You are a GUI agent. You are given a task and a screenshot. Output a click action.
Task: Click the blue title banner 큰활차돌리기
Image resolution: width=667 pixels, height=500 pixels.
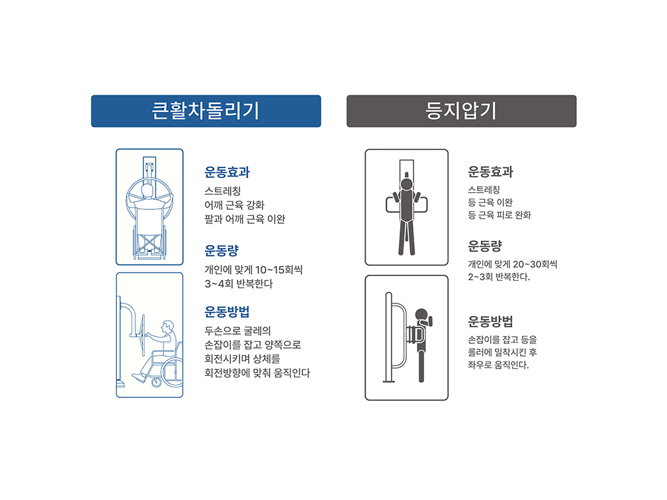coord(206,111)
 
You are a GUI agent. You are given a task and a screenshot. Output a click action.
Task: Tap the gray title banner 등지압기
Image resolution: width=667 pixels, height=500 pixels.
coord(462,111)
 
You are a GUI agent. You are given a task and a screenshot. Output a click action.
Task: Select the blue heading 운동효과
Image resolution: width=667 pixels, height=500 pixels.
coord(227,172)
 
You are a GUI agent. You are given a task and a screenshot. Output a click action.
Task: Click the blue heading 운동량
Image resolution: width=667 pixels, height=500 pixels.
coord(221,251)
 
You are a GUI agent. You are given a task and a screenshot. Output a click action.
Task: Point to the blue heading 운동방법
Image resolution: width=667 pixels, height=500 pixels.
coord(227,311)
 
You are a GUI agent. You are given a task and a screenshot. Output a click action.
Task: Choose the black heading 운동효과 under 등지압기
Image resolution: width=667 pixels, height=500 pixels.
coord(490,172)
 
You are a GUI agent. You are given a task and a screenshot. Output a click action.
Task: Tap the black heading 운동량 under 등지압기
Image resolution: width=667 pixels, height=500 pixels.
coord(485,246)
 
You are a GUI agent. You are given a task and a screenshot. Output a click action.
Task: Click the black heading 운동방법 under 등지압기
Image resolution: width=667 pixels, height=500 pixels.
coord(490,321)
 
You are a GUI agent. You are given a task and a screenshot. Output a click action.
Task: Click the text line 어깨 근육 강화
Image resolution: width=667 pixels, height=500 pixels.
coord(234,205)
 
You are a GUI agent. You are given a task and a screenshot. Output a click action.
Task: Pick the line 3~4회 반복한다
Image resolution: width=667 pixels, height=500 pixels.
coord(239,283)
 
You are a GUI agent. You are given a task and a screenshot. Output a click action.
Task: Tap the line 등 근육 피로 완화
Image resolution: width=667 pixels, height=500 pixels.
coord(500,215)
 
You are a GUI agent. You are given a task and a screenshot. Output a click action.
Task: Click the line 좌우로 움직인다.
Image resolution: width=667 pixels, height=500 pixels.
coord(498,365)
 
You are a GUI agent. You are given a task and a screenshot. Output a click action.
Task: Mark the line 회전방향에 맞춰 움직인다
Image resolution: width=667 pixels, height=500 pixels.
coord(257,373)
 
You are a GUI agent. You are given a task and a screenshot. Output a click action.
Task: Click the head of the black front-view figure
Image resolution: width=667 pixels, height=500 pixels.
coord(407,185)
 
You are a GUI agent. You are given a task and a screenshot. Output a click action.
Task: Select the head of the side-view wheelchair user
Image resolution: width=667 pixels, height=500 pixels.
coord(168,327)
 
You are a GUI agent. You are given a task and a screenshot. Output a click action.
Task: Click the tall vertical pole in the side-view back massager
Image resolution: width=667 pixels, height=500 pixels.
coord(388,337)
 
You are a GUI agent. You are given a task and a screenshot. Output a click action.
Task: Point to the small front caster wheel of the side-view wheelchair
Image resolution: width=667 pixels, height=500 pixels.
coord(157,382)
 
